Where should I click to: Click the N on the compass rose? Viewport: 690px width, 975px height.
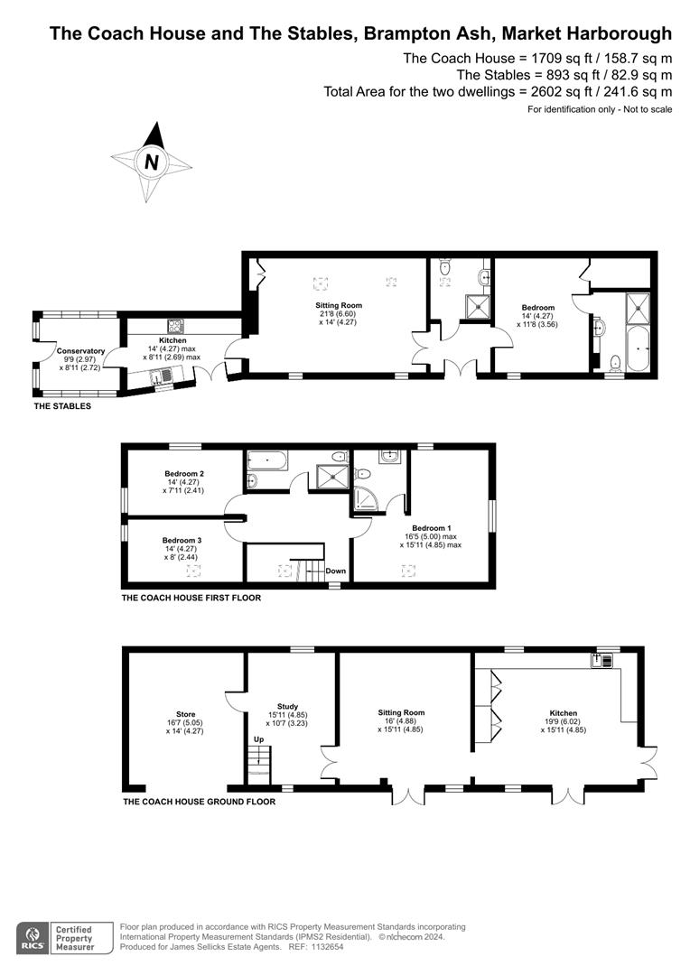click(152, 162)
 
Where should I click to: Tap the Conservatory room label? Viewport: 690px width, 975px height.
click(80, 351)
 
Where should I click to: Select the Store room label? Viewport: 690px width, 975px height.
click(185, 714)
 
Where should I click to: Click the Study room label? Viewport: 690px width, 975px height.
click(288, 707)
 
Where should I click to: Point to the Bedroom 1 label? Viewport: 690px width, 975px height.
click(430, 528)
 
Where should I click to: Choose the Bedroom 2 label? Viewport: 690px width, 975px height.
click(184, 473)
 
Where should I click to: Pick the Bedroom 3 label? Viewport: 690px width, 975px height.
click(182, 540)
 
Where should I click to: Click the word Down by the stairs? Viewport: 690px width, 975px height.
click(335, 571)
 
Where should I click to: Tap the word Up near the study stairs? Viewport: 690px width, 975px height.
click(257, 738)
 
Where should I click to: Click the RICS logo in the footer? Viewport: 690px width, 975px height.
click(33, 935)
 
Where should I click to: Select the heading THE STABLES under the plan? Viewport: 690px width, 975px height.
click(61, 406)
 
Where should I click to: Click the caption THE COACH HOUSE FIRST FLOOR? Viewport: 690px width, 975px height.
click(191, 598)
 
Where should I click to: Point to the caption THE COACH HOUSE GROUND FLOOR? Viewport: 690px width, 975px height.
click(198, 801)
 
